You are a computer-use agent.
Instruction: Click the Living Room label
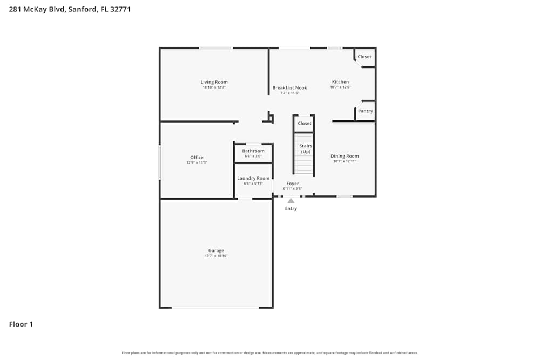214,82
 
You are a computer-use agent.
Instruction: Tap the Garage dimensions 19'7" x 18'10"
216,256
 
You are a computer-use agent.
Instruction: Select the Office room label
197,158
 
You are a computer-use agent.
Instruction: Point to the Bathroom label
253,151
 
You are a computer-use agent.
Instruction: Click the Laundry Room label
253,178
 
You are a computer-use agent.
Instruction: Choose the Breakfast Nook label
289,87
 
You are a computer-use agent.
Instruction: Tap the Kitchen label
340,82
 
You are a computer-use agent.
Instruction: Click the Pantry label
365,111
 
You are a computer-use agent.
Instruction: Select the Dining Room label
345,156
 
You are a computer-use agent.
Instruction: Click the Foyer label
293,184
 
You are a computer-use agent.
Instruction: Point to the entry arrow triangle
291,200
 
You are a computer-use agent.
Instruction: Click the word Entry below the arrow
291,208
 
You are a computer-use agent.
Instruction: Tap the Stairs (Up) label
306,149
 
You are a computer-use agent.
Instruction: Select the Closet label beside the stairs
305,123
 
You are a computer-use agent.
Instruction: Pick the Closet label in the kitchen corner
364,57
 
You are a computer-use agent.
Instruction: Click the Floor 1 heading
21,324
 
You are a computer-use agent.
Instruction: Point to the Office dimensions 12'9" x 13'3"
197,162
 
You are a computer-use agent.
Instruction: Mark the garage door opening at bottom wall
215,308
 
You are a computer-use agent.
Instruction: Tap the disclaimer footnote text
270,353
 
